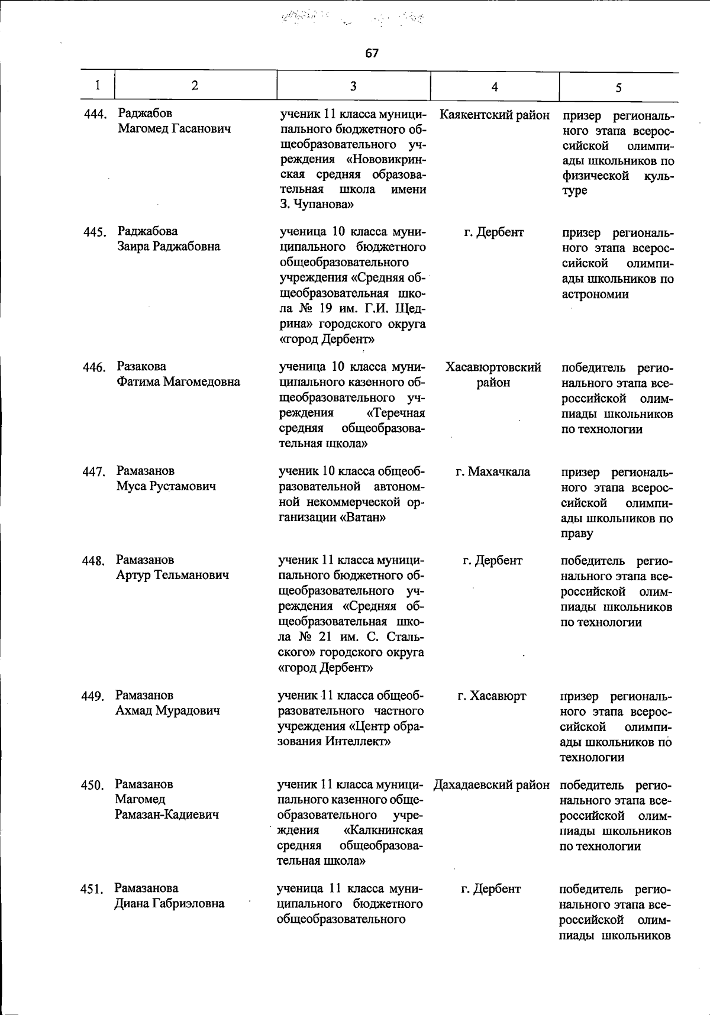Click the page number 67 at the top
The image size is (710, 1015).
click(372, 53)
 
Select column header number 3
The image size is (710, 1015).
click(353, 86)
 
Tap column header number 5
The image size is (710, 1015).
click(618, 88)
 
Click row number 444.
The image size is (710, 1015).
click(95, 114)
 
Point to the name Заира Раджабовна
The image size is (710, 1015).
click(169, 247)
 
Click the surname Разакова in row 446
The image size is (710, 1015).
click(141, 366)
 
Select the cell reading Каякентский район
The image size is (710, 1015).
click(495, 114)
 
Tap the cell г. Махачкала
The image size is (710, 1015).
click(492, 472)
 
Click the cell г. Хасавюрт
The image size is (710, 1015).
click(492, 696)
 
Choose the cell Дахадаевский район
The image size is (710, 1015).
click(491, 785)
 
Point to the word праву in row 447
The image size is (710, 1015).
click(577, 534)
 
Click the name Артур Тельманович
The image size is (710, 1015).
click(172, 575)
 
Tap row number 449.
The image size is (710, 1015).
click(93, 696)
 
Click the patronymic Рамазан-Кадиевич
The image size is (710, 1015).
click(167, 814)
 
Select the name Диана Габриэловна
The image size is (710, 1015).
click(169, 903)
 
